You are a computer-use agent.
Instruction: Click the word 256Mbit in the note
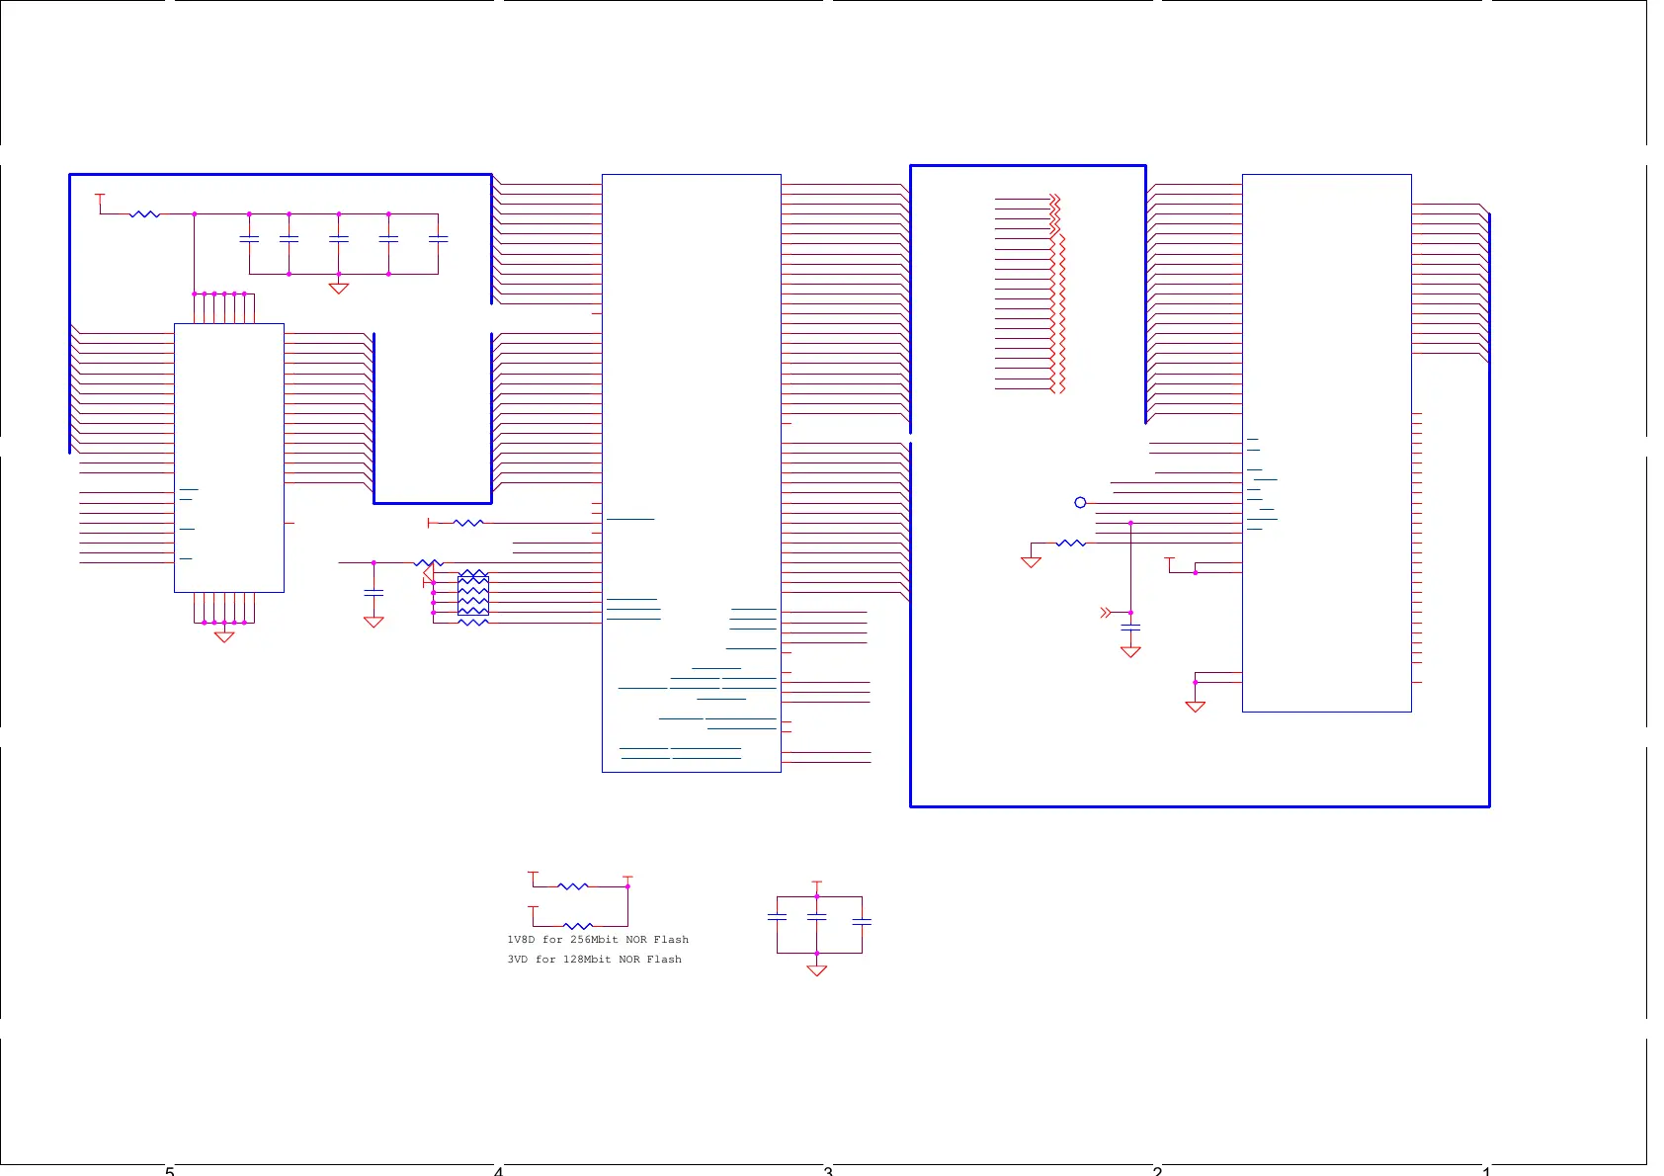click(594, 940)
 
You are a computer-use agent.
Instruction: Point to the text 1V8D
click(521, 940)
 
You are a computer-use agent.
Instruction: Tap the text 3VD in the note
click(518, 960)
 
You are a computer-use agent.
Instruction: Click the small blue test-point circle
click(1080, 503)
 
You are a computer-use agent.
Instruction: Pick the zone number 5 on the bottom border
click(169, 1171)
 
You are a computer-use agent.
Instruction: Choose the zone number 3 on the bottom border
click(828, 1171)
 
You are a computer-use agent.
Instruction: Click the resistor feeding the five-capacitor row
click(144, 213)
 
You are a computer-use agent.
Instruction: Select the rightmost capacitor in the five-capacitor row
click(438, 239)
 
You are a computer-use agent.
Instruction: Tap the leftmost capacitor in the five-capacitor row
click(249, 239)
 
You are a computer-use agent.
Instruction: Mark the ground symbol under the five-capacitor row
click(339, 288)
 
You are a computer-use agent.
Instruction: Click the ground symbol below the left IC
click(224, 636)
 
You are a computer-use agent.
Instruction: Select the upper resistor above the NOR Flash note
click(573, 886)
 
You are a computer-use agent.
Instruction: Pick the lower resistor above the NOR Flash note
click(578, 926)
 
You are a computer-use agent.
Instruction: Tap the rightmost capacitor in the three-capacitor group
click(862, 921)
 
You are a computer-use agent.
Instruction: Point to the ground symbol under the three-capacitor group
click(817, 969)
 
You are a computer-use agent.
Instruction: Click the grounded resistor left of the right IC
click(1071, 544)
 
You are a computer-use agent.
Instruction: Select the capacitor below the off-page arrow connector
click(1130, 628)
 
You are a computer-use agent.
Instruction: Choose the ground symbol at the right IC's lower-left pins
click(1196, 706)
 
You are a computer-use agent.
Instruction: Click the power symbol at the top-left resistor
click(100, 198)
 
